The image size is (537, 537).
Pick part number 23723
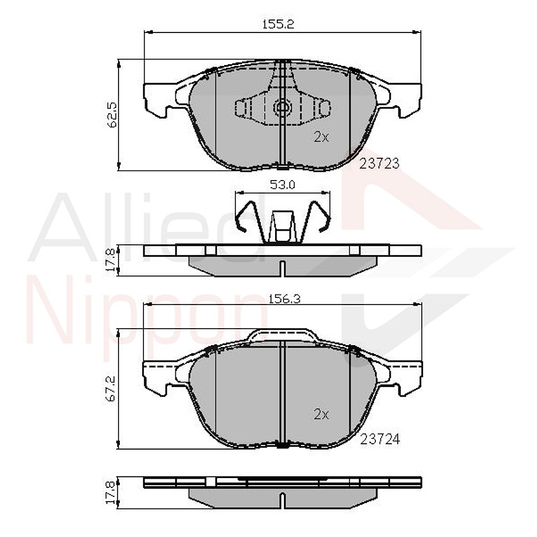[x=379, y=164]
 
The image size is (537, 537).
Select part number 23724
[x=379, y=439]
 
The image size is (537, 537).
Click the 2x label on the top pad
[x=320, y=137]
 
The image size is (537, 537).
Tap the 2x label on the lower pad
[x=320, y=414]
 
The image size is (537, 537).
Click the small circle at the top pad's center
[x=282, y=108]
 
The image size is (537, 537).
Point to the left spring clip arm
[x=245, y=215]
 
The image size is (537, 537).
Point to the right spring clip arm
[x=320, y=215]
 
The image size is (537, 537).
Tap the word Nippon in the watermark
[x=148, y=322]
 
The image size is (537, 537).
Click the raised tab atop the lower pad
[x=281, y=336]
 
